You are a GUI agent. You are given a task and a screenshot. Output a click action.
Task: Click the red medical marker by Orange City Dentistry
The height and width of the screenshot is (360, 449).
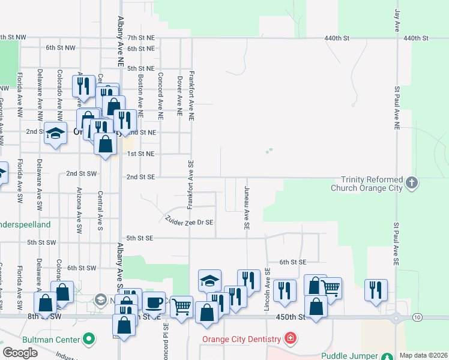pyautogui.click(x=291, y=338)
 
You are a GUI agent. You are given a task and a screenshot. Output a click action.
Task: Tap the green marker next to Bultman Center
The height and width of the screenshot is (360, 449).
pyautogui.click(x=89, y=340)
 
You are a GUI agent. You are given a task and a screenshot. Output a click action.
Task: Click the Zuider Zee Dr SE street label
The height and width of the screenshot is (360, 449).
pyautogui.click(x=190, y=221)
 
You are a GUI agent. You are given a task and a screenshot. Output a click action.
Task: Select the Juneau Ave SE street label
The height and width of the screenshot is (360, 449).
pyautogui.click(x=246, y=208)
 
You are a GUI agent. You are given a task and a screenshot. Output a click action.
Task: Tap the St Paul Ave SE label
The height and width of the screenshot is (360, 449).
pyautogui.click(x=396, y=244)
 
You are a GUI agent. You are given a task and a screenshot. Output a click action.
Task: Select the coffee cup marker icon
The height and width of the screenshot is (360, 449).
pyautogui.click(x=154, y=302)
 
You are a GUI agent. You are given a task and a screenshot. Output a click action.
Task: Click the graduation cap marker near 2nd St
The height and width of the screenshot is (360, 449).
pyautogui.click(x=55, y=134)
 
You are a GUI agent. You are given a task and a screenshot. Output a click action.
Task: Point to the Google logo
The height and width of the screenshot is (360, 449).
pyautogui.click(x=20, y=353)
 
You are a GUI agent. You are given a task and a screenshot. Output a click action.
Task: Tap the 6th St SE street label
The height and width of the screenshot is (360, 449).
pyautogui.click(x=293, y=262)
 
